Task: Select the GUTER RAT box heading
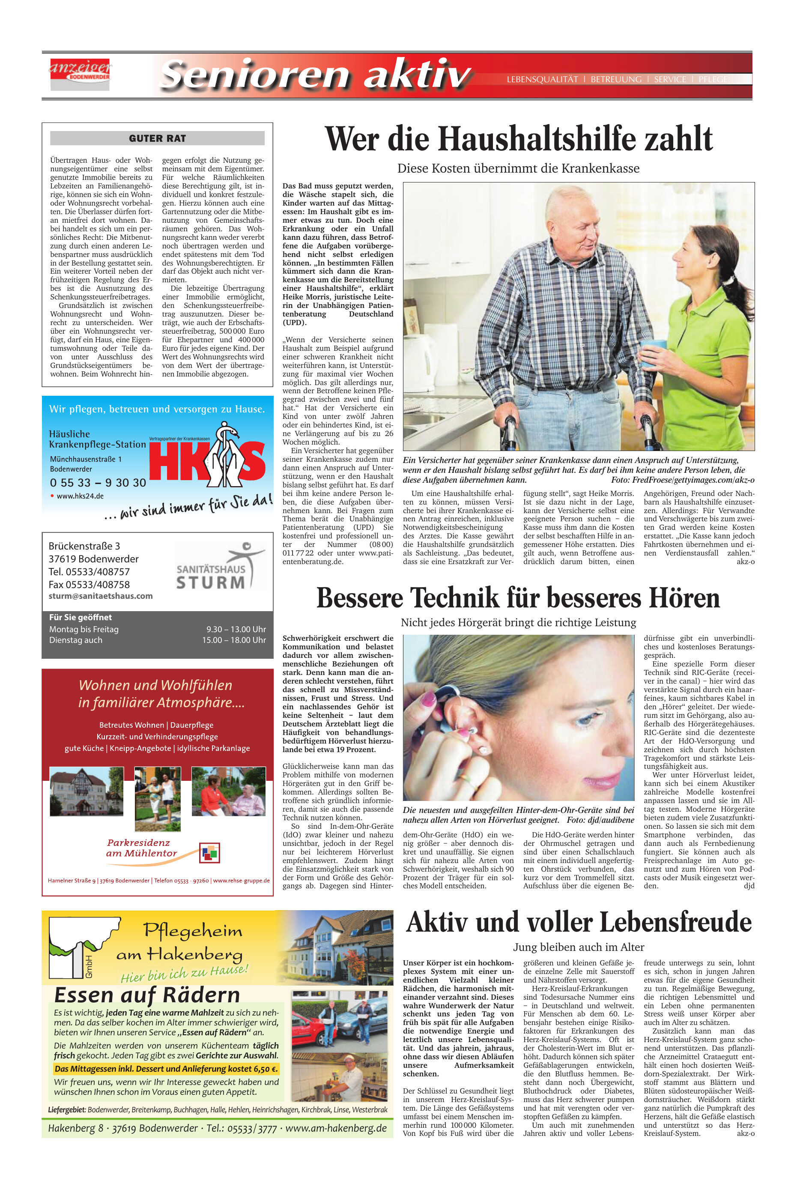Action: coord(157,138)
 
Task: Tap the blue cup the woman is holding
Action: coord(650,348)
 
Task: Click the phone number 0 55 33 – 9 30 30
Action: coord(98,482)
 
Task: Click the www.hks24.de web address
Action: coord(80,496)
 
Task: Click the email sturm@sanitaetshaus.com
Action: coord(101,596)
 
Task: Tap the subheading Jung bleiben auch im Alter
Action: coord(579,947)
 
